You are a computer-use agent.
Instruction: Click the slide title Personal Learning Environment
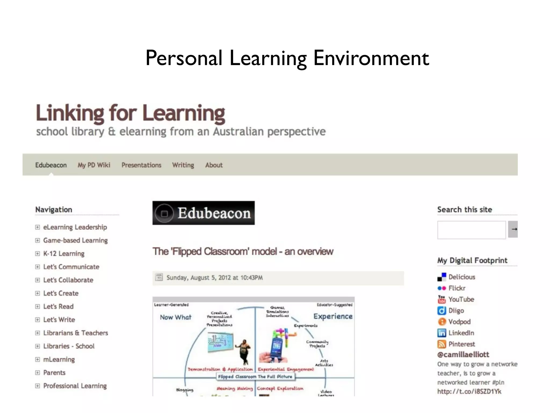click(x=287, y=58)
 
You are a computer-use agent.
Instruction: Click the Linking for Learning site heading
click(x=131, y=113)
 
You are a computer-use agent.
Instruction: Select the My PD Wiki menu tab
click(x=94, y=165)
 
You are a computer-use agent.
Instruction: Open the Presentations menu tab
click(x=141, y=165)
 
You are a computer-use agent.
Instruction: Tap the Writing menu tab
click(x=183, y=165)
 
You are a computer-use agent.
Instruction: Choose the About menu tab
click(x=214, y=165)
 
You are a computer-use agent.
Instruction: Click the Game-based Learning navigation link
click(x=75, y=240)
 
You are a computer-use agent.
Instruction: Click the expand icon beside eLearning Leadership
click(x=38, y=227)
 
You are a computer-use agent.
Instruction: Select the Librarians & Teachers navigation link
click(x=75, y=333)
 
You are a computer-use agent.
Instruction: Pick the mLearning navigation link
click(x=59, y=359)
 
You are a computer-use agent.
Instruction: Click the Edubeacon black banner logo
click(x=203, y=213)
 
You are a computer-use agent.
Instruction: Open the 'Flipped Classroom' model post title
click(x=243, y=251)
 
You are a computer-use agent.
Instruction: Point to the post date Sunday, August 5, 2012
click(x=214, y=278)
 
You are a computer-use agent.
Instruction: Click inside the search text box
click(x=471, y=230)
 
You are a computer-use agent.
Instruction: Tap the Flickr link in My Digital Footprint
click(x=457, y=288)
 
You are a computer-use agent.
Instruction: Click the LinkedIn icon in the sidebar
click(x=442, y=333)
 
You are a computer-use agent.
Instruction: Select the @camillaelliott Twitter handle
click(x=463, y=355)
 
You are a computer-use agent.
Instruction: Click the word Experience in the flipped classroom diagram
click(x=333, y=316)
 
